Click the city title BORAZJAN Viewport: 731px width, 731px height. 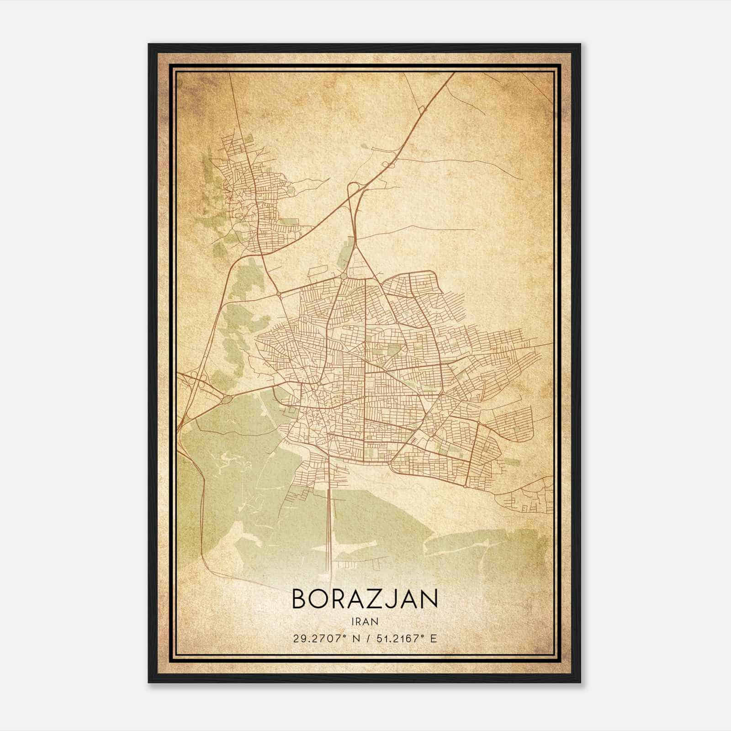[x=365, y=599]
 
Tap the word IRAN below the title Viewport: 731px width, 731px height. [x=365, y=621]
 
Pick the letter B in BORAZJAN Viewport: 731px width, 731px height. [x=299, y=599]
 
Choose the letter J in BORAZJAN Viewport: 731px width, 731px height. [x=393, y=599]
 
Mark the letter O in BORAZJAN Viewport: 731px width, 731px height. [x=319, y=599]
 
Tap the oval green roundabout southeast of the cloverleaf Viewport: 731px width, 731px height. [x=227, y=399]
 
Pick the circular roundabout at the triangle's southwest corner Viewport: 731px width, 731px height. [x=344, y=276]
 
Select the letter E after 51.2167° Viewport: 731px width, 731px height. [x=434, y=638]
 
